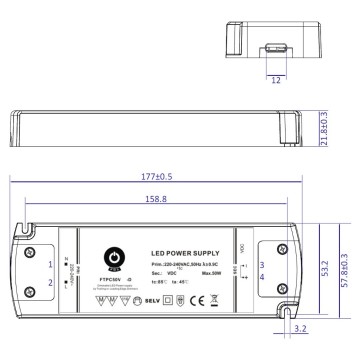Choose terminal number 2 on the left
[50, 283]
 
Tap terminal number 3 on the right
[261, 265]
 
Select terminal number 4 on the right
[261, 277]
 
